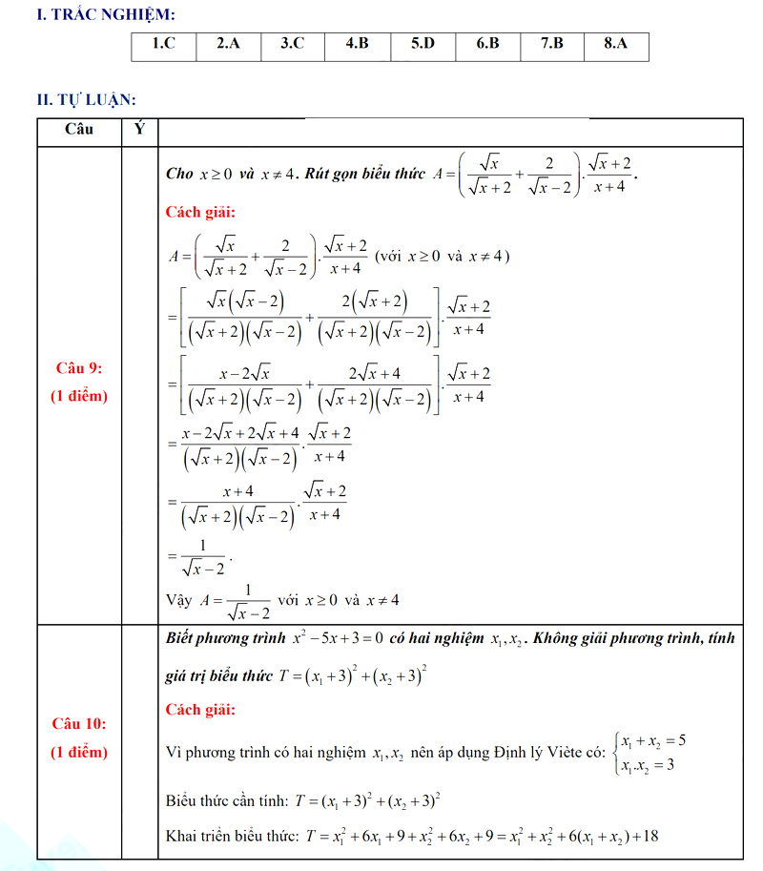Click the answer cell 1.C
coord(164,45)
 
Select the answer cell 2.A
coord(228,45)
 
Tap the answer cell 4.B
coord(357,45)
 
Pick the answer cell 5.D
coord(423,45)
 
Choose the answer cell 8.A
coord(616,45)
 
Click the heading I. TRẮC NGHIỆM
coord(92,14)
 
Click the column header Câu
coord(79,130)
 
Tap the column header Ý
coord(140,130)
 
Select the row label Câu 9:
coord(79,368)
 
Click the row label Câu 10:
coord(79,724)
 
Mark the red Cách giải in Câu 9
coord(200,212)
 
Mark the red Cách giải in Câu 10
coord(200,709)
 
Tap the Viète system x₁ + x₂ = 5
coord(653,741)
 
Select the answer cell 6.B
coord(487,45)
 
